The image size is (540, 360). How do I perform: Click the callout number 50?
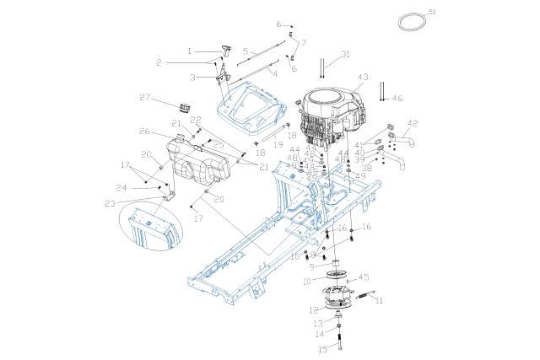432,12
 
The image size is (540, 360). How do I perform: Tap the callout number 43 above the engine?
364,77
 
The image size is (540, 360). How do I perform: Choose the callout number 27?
144,98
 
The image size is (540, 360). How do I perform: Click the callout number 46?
398,99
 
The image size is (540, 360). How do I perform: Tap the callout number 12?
314,311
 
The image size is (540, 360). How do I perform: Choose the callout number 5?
245,51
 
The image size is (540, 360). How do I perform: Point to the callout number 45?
364,277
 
